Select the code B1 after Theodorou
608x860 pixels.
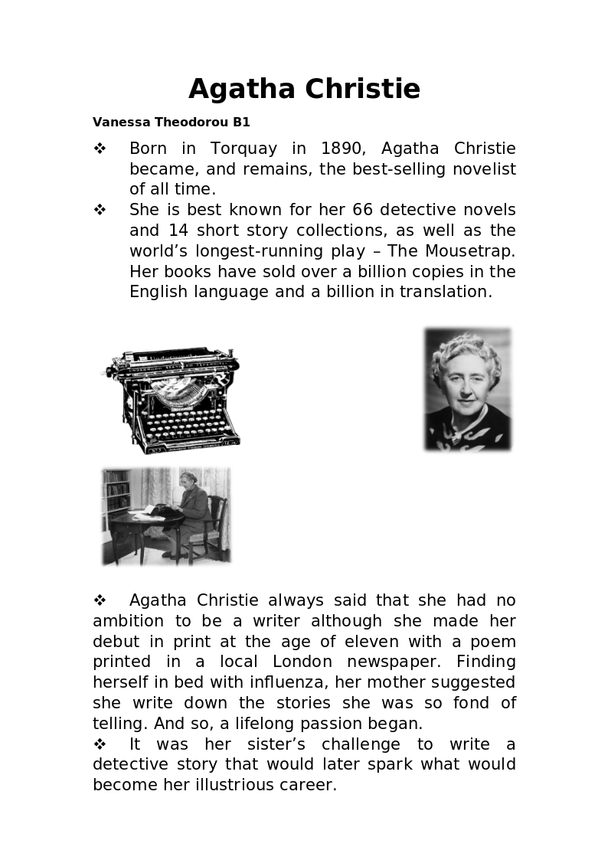point(241,123)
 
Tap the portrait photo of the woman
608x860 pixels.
point(467,389)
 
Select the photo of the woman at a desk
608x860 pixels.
point(166,515)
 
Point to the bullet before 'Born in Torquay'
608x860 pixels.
point(100,149)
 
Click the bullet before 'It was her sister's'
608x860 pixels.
point(100,744)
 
